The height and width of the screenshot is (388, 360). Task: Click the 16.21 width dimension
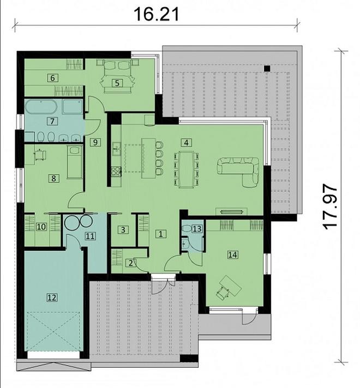coord(157,14)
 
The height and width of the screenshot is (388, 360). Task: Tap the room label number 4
coord(187,142)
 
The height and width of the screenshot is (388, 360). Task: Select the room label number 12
coord(52,297)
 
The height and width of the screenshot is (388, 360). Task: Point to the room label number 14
coord(233,254)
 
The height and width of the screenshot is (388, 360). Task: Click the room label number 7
coord(52,121)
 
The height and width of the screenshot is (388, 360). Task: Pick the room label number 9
coord(95,142)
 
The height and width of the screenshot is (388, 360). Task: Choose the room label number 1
coord(160,234)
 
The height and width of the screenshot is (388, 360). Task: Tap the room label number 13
coord(197,229)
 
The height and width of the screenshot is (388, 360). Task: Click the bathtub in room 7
coord(41,107)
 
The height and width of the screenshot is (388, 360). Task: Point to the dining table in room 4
coord(186,169)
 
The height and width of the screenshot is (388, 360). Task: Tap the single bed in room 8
coord(75,162)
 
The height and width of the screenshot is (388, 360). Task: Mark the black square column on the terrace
coord(267,69)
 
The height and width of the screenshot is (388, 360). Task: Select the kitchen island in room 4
coord(148,158)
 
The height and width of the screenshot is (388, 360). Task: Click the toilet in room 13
coord(187,228)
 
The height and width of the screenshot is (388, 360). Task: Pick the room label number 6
coord(52,78)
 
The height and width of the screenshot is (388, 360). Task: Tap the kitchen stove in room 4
coord(116,171)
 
